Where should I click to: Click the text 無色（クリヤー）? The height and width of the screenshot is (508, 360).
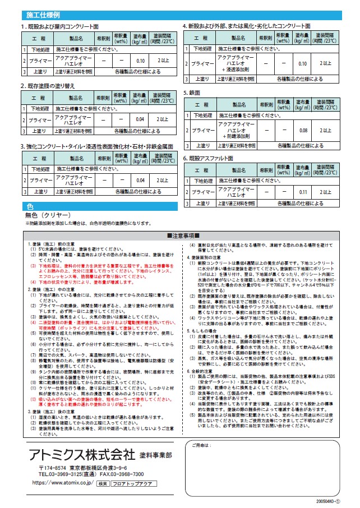pyautogui.click(x=47, y=215)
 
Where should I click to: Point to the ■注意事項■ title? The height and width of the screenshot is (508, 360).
pyautogui.click(x=180, y=235)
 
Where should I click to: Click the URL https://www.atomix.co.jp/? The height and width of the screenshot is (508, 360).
pyautogui.click(x=63, y=482)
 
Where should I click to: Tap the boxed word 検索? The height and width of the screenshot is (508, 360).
pyautogui.click(x=102, y=482)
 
